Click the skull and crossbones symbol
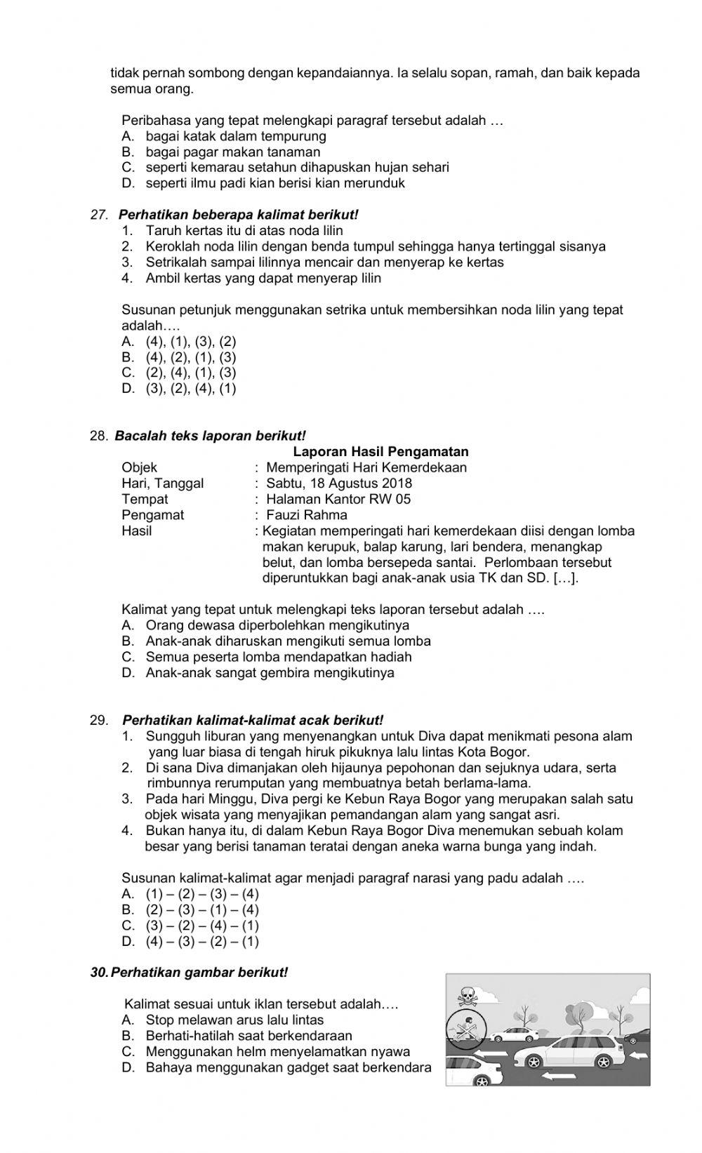pos(466,995)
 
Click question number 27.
pos(98,215)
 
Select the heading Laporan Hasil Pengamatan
pos(380,451)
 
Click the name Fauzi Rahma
pos(307,515)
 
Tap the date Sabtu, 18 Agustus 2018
pos(339,484)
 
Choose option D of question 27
pos(179,388)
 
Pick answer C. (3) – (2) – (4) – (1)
pos(190,926)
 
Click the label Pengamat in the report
pos(152,515)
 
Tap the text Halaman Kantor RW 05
pos(338,499)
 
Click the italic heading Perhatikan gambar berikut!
pos(199,973)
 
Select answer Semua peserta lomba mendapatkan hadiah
pos(278,657)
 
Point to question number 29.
pos(99,720)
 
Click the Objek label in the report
pos(139,467)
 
